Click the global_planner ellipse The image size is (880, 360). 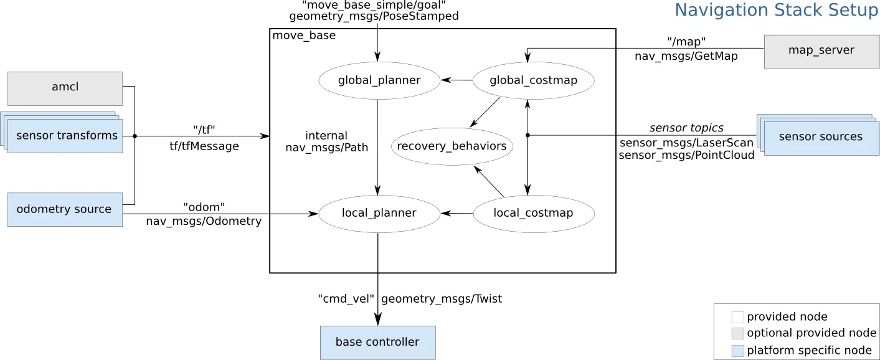coord(379,80)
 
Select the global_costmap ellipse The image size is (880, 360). coord(533,80)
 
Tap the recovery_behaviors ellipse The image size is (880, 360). coord(452,147)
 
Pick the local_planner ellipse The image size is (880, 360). coord(379,214)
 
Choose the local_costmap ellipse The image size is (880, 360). coord(533,214)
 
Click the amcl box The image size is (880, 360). coord(65,88)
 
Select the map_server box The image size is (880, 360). coord(821,51)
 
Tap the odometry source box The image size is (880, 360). coord(65,209)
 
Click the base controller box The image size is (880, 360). coord(377,343)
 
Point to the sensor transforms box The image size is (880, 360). coord(67,136)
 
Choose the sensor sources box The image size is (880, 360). coord(821,138)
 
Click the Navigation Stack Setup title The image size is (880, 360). coord(776,11)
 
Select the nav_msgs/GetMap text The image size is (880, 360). coord(686,56)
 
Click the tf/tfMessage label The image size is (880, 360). coord(204,146)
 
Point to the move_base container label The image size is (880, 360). coord(304,36)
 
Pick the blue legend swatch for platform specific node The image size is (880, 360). coord(737,350)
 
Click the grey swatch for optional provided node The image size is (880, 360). coord(737,333)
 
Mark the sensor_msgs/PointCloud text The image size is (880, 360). coord(686,155)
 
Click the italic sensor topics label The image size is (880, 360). coord(686,128)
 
